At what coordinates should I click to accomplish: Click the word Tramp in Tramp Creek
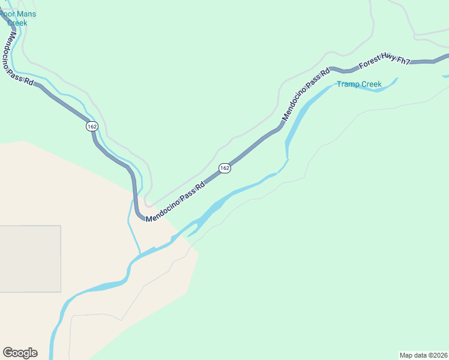coord(347,84)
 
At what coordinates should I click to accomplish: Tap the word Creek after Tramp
coord(370,84)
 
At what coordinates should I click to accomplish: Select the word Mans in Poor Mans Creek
coord(26,14)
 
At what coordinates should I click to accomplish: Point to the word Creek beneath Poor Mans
coord(17,23)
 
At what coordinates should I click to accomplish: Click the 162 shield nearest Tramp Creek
coord(224,168)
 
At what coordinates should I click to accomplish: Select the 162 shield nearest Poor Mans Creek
coord(91,127)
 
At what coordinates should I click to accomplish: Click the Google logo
coord(20,353)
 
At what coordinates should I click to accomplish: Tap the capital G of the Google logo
coord(8,352)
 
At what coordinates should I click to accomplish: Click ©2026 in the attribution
coord(438,355)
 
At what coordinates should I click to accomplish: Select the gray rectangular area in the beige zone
coord(30,259)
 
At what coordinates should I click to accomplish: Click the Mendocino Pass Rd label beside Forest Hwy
coord(306,94)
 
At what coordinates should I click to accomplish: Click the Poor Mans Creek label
coord(18,18)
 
